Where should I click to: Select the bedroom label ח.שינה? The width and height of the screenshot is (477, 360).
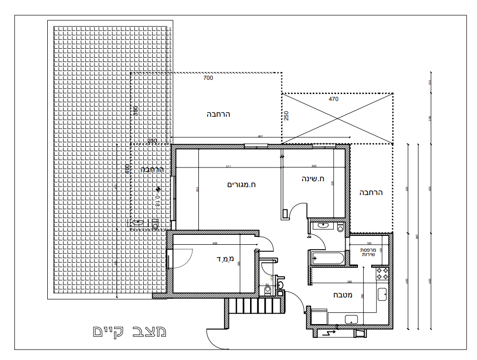coord(313,179)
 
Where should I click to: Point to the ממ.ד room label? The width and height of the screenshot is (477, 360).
coord(224,259)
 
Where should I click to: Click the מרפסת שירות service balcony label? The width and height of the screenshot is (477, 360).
coord(369,252)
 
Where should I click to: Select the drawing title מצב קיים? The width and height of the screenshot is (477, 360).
coord(129,331)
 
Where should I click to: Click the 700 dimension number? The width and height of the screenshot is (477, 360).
coord(208,78)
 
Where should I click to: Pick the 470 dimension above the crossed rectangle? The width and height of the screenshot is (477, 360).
coord(334,99)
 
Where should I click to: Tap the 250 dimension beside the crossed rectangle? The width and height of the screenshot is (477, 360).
coord(286,115)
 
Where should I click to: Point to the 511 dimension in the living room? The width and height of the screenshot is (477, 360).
coord(228,166)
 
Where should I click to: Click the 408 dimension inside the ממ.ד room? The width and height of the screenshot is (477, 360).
coord(215,243)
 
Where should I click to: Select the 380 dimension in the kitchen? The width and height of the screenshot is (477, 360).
coord(349,282)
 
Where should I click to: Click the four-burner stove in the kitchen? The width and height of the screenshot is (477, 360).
coord(382,274)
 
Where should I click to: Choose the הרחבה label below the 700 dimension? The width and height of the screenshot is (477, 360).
coord(218,114)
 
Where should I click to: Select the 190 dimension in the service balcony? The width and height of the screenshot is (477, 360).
coord(369,243)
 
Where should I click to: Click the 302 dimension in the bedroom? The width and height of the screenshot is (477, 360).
coord(314,166)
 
